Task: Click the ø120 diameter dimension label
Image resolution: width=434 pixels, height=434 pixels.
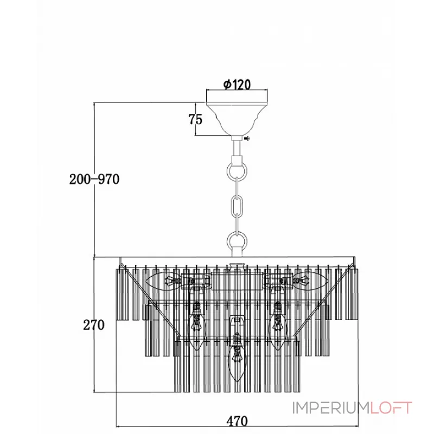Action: [x=237, y=84]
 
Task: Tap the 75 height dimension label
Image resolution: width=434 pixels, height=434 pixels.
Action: [x=195, y=119]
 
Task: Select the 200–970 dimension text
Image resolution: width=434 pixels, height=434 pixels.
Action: [x=94, y=179]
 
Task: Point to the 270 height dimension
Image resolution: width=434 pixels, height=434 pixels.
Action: [x=94, y=324]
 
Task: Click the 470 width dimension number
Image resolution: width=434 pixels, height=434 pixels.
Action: [x=237, y=421]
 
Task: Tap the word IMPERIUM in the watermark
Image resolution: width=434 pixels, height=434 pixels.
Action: [x=331, y=408]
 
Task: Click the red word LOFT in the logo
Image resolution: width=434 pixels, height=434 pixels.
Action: [x=391, y=408]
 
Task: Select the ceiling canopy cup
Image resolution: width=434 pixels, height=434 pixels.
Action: [x=237, y=119]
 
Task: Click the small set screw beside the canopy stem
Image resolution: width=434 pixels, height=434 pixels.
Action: [x=247, y=138]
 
